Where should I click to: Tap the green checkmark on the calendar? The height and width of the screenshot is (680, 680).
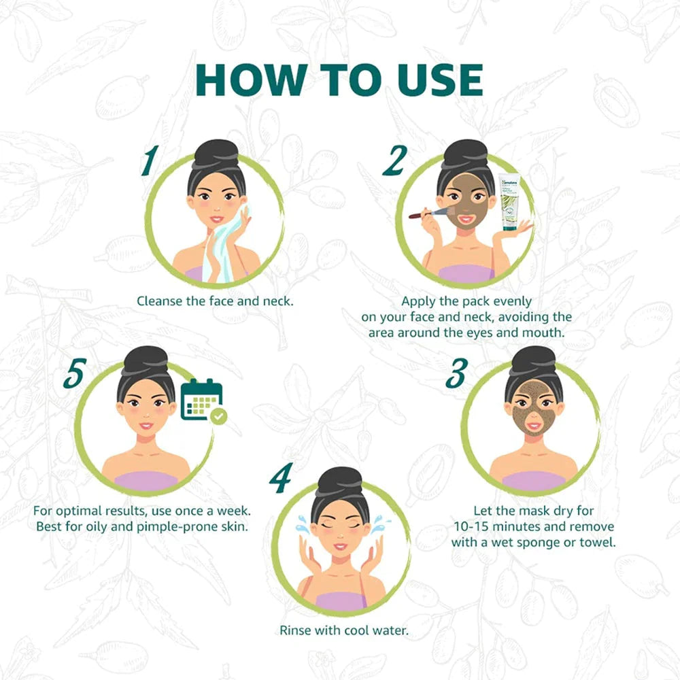coord(218,416)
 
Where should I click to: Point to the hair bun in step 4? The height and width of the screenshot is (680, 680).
coord(340,480)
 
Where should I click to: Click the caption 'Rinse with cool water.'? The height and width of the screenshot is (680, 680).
coord(344,630)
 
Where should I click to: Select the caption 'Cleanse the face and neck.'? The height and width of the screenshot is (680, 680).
coord(215,300)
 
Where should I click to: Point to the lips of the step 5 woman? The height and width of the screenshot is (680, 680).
coord(146,426)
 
